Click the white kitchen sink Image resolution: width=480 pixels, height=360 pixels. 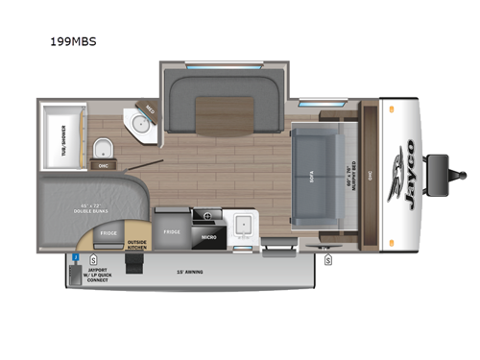point(242,225)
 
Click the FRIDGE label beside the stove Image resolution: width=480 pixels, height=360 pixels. point(172,231)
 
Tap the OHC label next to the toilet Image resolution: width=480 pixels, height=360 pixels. point(103,165)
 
